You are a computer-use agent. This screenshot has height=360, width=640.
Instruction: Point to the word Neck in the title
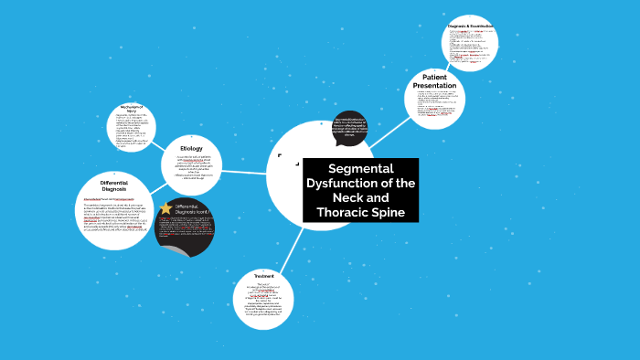(x=346, y=198)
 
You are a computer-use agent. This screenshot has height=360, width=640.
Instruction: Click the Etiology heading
(x=191, y=148)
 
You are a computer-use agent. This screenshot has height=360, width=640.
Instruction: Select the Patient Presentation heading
(x=434, y=80)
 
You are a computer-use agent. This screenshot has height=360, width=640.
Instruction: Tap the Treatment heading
(x=264, y=276)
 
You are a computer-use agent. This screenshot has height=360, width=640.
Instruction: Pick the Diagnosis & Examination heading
(x=470, y=26)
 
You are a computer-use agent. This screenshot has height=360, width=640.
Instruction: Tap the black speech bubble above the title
(x=349, y=129)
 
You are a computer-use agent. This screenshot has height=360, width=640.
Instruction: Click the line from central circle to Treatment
(x=291, y=247)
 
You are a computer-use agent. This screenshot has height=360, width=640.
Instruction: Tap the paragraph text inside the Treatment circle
(x=264, y=302)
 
